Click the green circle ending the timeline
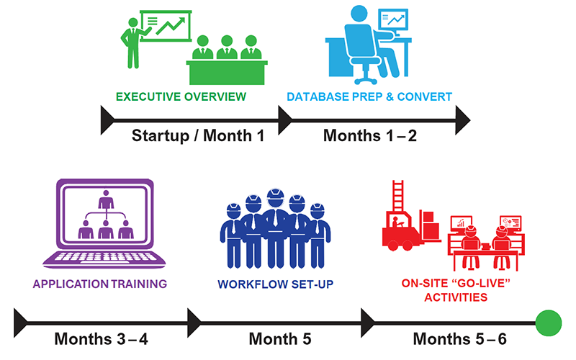(548, 323)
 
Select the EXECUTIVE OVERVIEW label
(181, 96)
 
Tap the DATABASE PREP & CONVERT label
(369, 96)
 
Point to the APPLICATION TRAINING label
(100, 284)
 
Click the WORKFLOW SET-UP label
(276, 284)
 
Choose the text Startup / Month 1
(198, 136)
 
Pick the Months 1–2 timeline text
(370, 136)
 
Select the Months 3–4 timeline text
(101, 338)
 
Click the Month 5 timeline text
(280, 338)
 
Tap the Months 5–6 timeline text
(459, 338)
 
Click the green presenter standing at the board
(133, 43)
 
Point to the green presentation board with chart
(166, 26)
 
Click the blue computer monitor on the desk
(393, 21)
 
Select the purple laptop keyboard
(104, 258)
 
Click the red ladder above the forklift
(398, 195)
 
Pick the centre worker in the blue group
(276, 228)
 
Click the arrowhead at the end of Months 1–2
(462, 120)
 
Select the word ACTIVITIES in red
(456, 297)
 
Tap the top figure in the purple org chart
(106, 200)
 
